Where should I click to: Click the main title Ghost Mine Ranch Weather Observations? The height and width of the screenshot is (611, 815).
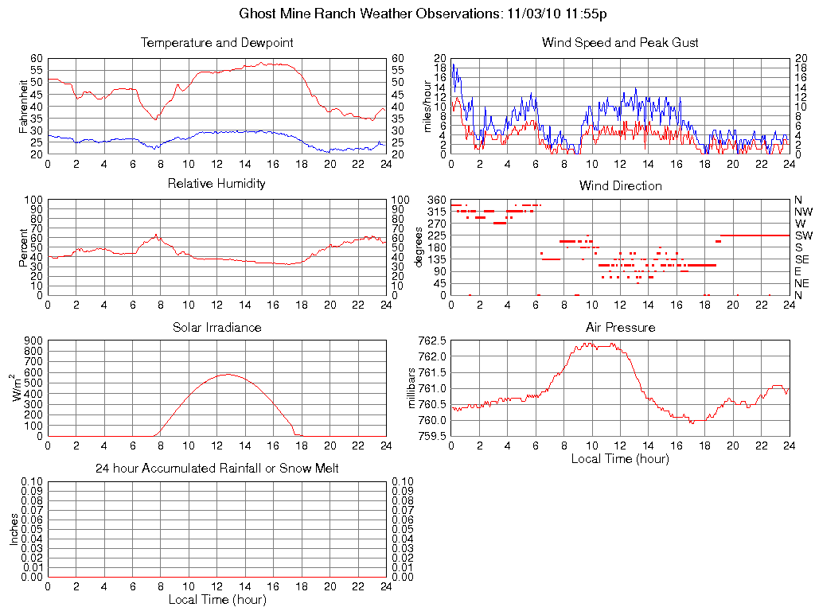click(x=425, y=14)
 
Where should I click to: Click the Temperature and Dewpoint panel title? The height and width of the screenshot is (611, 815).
click(x=216, y=42)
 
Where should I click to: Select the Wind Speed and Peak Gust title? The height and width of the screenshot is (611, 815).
click(x=620, y=42)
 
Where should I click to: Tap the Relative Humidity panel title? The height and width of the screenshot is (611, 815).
click(x=216, y=184)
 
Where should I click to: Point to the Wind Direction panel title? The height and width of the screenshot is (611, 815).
click(x=620, y=185)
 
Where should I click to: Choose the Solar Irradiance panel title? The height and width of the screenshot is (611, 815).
click(x=216, y=327)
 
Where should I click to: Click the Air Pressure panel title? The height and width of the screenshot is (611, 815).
click(x=620, y=327)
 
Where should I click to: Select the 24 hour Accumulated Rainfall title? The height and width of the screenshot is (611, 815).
click(x=216, y=469)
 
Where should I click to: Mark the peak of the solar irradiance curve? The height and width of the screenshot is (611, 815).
click(x=228, y=374)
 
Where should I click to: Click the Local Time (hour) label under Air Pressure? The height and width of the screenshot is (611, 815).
click(x=620, y=458)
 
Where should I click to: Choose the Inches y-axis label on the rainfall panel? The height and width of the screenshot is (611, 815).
click(x=14, y=529)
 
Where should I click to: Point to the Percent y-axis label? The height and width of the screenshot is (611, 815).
click(x=23, y=247)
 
